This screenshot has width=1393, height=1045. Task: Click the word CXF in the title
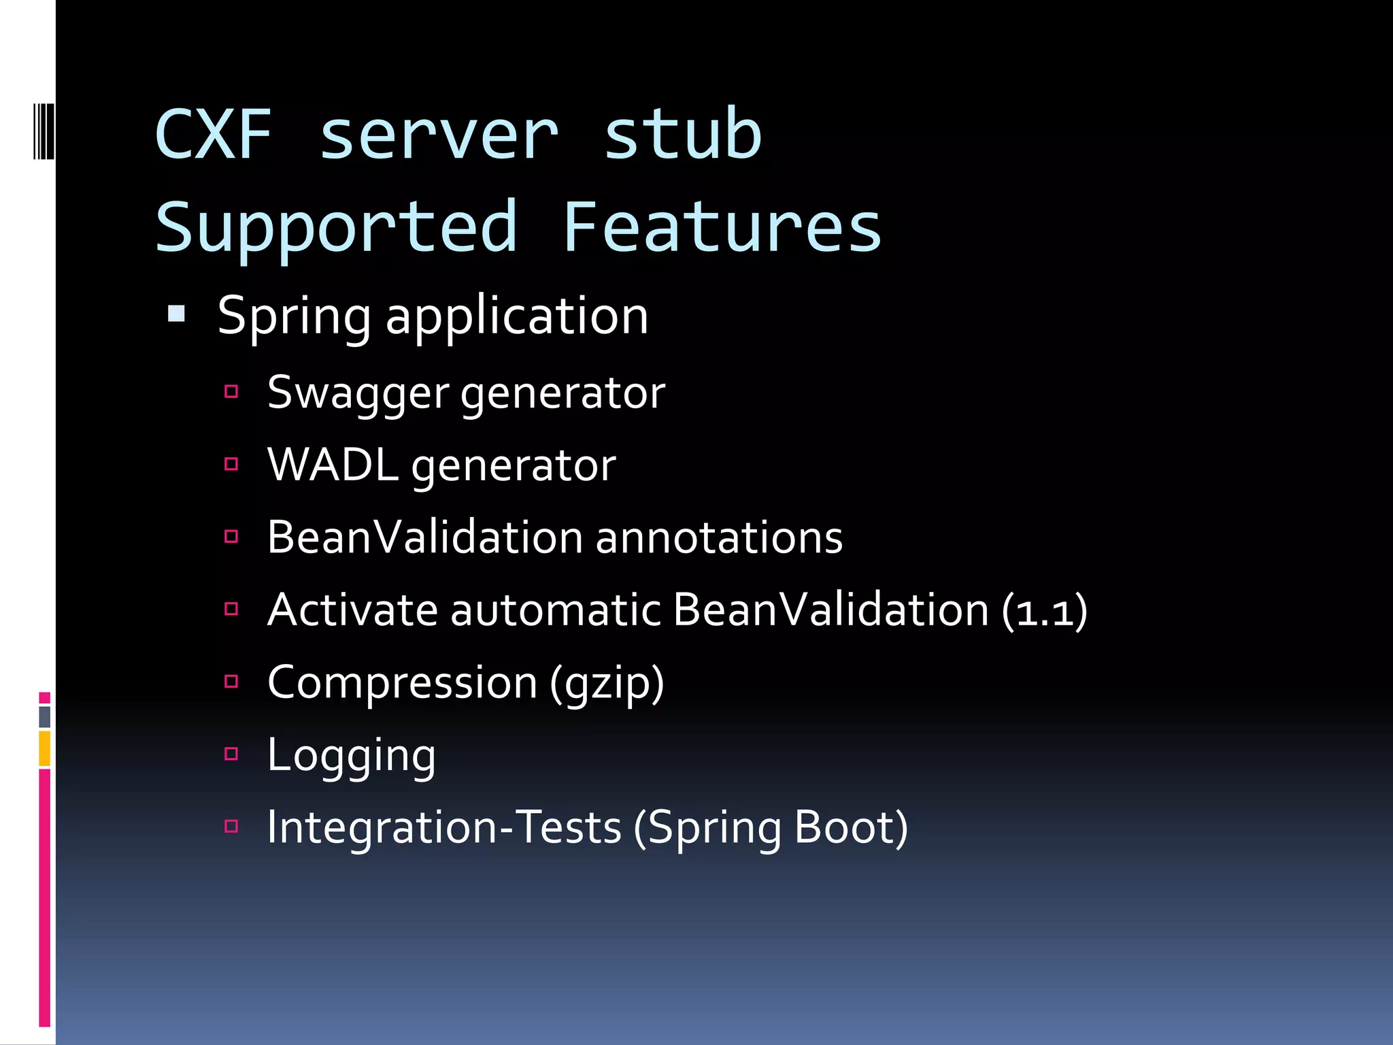(x=214, y=134)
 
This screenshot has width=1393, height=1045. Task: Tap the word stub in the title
(x=682, y=134)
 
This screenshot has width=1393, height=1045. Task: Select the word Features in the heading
(x=722, y=227)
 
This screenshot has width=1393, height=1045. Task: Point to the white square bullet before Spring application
(x=177, y=314)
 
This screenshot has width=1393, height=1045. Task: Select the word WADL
(x=333, y=465)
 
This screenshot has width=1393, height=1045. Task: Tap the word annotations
(x=719, y=537)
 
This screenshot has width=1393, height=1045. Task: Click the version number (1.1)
(x=1045, y=610)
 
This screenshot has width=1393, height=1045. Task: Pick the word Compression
(x=403, y=683)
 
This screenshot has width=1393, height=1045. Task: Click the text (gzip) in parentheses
(x=607, y=683)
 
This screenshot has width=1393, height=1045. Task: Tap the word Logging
(x=351, y=756)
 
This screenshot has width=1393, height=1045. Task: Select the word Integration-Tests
(x=444, y=828)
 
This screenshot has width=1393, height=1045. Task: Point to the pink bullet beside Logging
(x=231, y=754)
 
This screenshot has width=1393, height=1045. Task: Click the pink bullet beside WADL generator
(x=231, y=464)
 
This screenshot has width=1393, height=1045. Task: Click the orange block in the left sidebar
(x=45, y=748)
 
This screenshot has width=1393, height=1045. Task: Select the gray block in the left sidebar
(x=45, y=716)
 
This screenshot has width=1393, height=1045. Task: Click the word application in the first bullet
(x=517, y=316)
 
